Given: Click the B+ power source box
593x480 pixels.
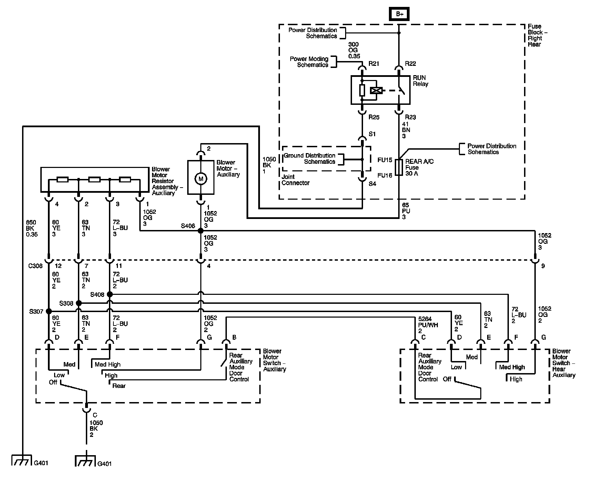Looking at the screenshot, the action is (x=399, y=14).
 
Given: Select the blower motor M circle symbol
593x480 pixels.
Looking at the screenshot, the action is (x=200, y=179).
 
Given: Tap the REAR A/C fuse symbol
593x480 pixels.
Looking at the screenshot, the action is (x=399, y=167).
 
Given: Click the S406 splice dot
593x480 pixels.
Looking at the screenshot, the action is (x=201, y=231).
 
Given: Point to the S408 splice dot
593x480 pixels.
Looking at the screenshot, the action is (x=110, y=294).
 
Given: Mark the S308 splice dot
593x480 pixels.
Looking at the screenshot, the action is (x=79, y=303).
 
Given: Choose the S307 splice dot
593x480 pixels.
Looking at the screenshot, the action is (x=49, y=311).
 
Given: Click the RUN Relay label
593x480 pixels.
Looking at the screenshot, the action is (x=421, y=81).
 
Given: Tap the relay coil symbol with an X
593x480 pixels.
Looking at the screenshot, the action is (x=376, y=91).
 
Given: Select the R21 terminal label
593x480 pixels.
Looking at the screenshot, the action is (x=374, y=64).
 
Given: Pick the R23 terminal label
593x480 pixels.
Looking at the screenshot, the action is (x=410, y=117).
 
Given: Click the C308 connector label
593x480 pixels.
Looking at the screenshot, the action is (x=35, y=266).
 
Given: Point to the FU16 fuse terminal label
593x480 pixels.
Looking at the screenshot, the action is (x=385, y=176).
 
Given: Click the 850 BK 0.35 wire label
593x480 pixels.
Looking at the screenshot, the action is (x=32, y=228).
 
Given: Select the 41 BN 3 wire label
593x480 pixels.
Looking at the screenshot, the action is (x=406, y=130).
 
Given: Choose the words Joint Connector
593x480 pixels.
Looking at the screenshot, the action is (x=295, y=180).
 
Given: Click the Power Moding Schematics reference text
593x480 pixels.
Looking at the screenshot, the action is (x=309, y=62).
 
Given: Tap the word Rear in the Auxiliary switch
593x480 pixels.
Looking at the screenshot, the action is (x=119, y=386).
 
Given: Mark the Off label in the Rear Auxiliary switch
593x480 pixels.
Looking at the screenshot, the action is (x=447, y=379).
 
